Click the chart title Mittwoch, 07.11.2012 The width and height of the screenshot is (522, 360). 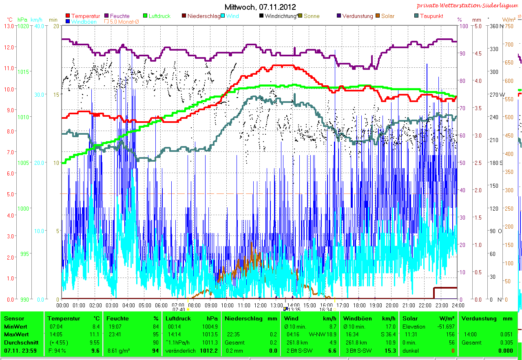pos(260,7)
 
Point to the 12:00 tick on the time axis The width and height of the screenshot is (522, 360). pos(260,304)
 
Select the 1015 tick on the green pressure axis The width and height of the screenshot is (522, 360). pos(24,72)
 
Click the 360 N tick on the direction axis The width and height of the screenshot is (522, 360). pos(496,26)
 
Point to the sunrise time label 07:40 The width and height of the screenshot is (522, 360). pos(179,309)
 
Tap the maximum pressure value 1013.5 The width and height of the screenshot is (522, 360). pos(210,334)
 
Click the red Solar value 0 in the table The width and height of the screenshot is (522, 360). pos(452,351)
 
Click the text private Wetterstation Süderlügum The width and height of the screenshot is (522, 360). pos(467,5)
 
